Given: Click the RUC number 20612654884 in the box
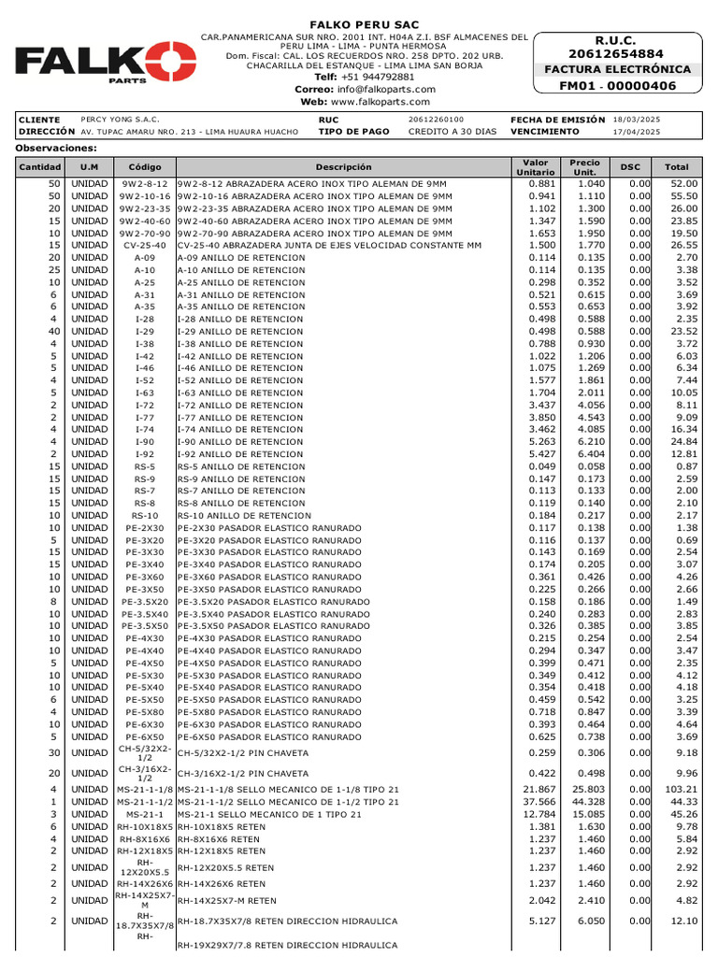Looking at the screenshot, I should [x=617, y=54].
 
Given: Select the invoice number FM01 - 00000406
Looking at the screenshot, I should [x=617, y=86].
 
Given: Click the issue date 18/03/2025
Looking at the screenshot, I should [x=636, y=120].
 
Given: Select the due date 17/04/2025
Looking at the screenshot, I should [x=636, y=132].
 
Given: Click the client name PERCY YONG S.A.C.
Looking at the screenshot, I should [x=121, y=120].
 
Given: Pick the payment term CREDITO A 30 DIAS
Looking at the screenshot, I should [x=452, y=132].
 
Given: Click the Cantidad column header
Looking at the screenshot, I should [x=39, y=167].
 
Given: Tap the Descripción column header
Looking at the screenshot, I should [x=343, y=167].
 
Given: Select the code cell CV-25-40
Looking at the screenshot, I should [x=144, y=246].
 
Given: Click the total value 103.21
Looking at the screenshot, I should [x=682, y=790].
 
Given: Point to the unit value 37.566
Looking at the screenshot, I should [x=538, y=802].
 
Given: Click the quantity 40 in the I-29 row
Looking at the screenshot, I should [x=53, y=331].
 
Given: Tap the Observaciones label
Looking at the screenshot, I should [x=56, y=149].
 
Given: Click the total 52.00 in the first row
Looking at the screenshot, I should [x=683, y=185].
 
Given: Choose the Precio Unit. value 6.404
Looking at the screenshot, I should [x=585, y=454].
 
